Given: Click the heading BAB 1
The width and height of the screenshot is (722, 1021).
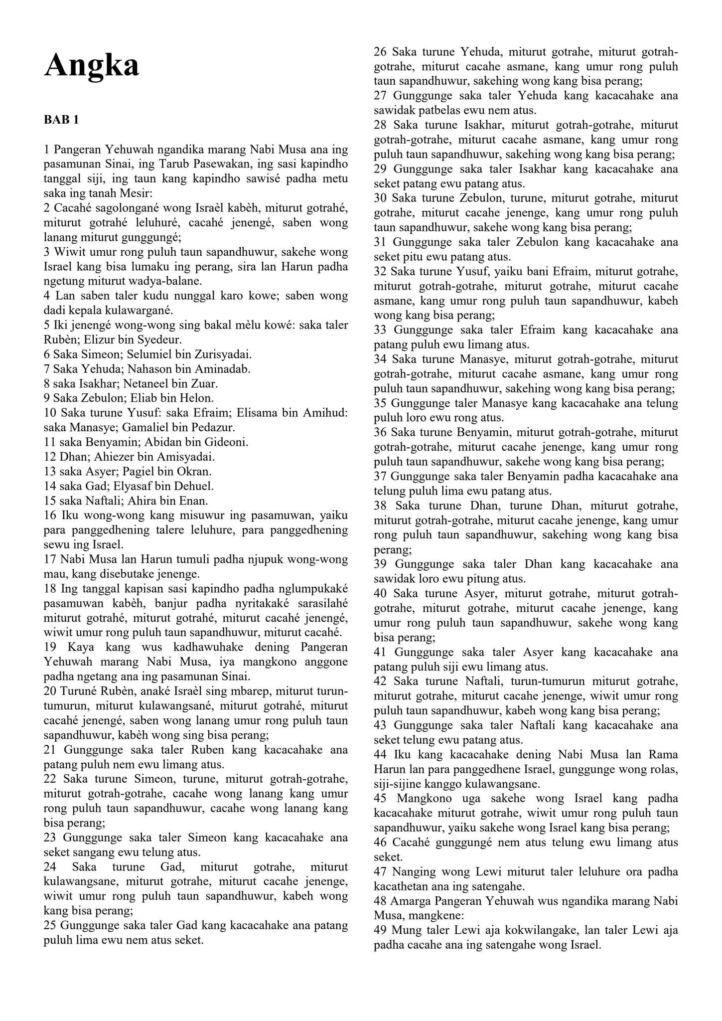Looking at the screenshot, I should (x=61, y=120).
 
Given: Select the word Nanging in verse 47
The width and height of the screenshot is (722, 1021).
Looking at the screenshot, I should (x=413, y=871).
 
